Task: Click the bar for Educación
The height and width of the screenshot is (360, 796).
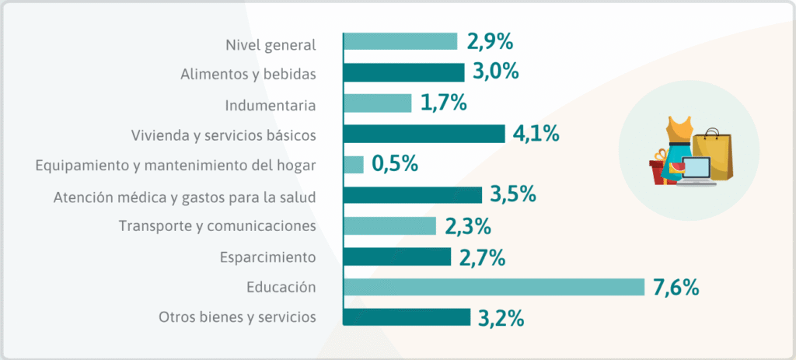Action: [x=494, y=287]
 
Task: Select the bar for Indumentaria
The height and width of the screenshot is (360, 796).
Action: [x=377, y=103]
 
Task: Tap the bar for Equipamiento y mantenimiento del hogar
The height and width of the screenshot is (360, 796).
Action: [x=353, y=165]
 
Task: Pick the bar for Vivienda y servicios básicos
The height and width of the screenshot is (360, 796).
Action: [x=424, y=134]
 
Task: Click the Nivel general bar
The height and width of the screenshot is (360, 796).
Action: [x=400, y=42]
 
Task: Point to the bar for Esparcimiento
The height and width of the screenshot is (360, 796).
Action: [x=396, y=257]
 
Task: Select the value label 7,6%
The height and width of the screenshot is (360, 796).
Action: [x=676, y=287]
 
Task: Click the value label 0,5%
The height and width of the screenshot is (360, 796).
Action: [x=395, y=165]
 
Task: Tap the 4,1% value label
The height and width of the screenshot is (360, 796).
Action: [x=536, y=134]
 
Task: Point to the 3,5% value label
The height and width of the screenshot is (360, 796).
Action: [x=513, y=195]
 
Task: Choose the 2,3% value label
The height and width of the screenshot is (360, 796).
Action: [x=468, y=226]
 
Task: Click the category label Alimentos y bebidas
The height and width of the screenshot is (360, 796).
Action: [x=248, y=74]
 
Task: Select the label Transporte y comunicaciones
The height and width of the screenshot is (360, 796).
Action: [x=217, y=226]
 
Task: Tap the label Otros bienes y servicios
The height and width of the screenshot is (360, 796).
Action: [x=237, y=317]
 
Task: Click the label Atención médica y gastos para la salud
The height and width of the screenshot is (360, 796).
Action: [x=185, y=196]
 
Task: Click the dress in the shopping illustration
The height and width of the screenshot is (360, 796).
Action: [x=678, y=140]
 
